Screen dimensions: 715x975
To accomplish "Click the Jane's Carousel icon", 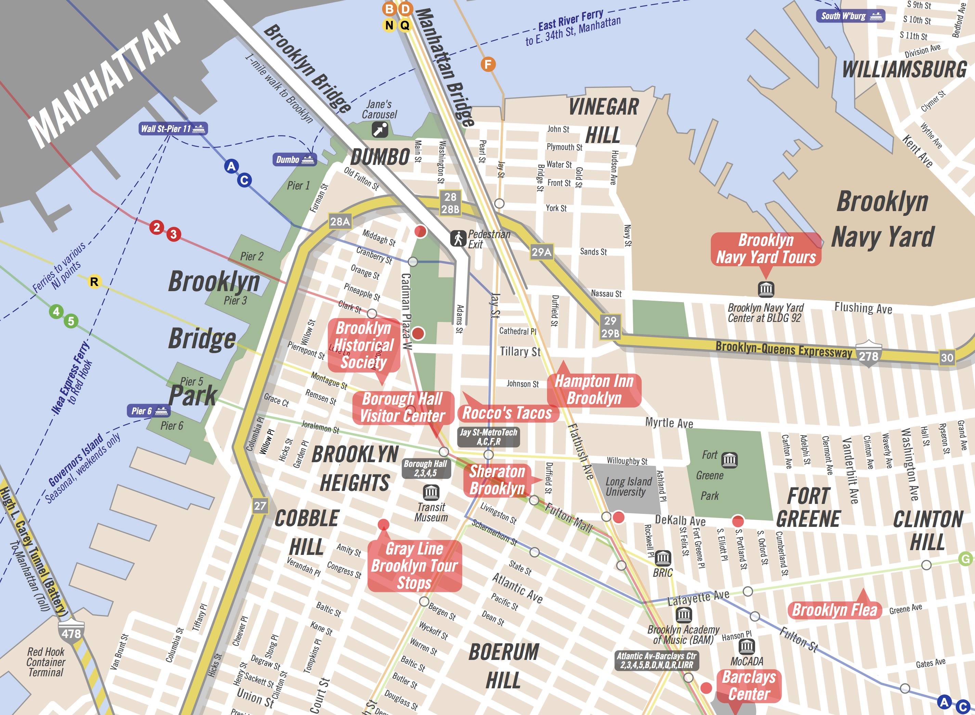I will pyautogui.click(x=380, y=129).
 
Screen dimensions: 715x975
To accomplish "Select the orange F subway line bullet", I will pyautogui.click(x=488, y=65).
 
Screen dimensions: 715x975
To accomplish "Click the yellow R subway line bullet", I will pyautogui.click(x=94, y=282).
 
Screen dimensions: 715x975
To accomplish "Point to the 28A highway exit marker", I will pyautogui.click(x=340, y=222).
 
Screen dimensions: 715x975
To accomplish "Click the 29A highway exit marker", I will pyautogui.click(x=541, y=252).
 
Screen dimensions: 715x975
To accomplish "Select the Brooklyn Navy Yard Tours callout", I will pyautogui.click(x=766, y=249).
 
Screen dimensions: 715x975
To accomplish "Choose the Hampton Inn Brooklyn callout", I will pyautogui.click(x=594, y=390).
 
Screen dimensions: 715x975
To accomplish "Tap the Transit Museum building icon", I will pyautogui.click(x=431, y=492).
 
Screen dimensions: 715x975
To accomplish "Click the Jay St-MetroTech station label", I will pyautogui.click(x=488, y=437).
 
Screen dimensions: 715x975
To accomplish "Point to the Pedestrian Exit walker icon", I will pyautogui.click(x=458, y=238).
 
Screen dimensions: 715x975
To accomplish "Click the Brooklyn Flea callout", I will pyautogui.click(x=834, y=610).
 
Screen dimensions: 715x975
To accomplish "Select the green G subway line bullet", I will pyautogui.click(x=965, y=559).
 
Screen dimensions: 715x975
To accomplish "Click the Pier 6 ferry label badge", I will pyautogui.click(x=148, y=411).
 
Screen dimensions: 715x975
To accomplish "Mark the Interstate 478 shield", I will pyautogui.click(x=71, y=633).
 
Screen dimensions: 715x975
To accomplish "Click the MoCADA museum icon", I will pyautogui.click(x=746, y=647).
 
